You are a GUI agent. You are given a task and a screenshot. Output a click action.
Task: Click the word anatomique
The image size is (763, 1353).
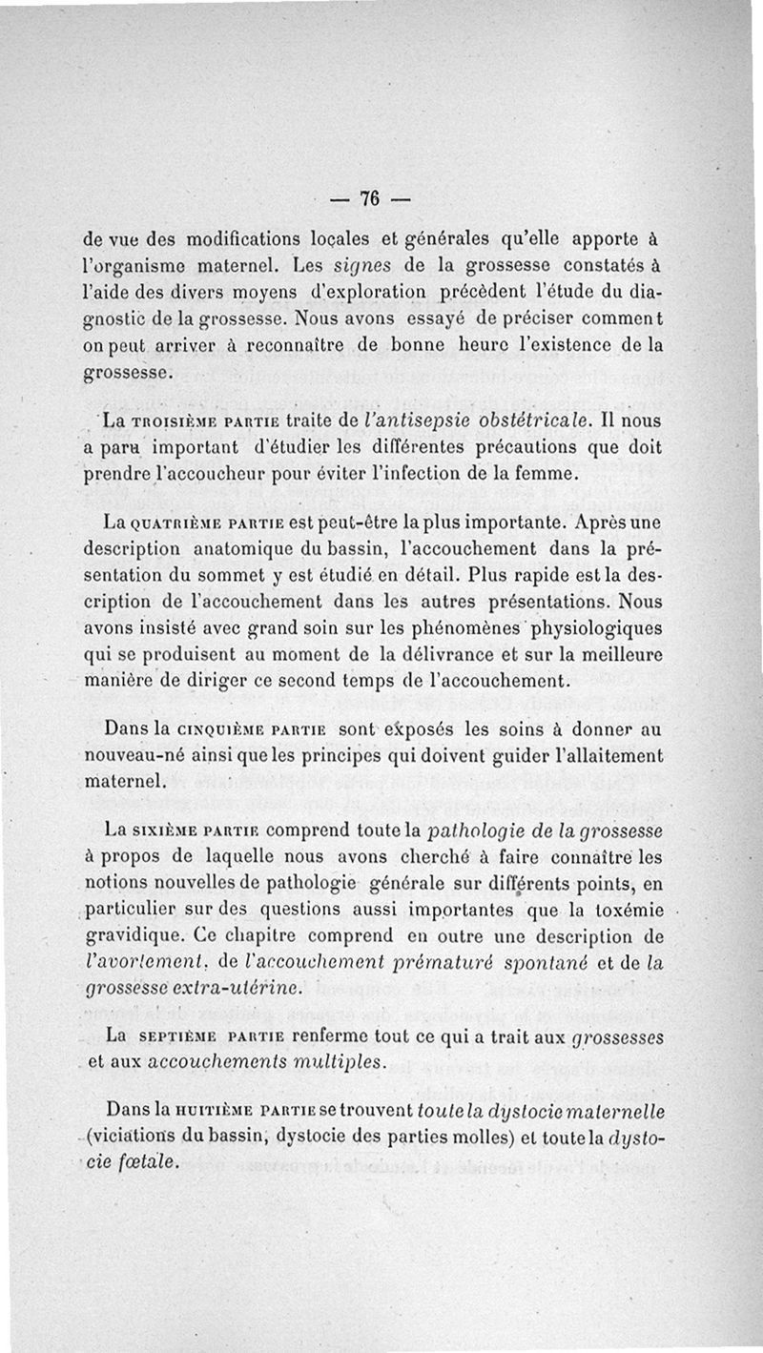[247, 551]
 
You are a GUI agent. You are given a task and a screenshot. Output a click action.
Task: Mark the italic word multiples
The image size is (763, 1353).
[339, 1061]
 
